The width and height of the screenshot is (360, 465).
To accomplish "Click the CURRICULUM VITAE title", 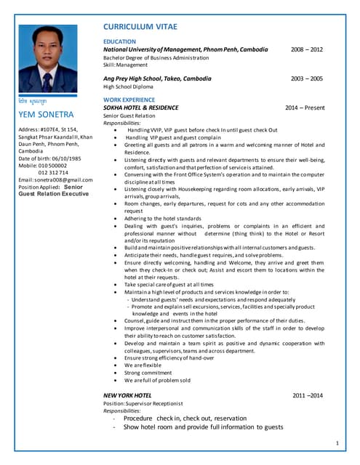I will point(148,27).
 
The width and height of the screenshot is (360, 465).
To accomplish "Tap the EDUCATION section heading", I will point(120,42).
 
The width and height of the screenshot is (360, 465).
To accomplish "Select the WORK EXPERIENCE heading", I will point(129,100).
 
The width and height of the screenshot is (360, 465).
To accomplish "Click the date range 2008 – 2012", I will point(307,49).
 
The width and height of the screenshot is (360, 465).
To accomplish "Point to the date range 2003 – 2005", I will point(307,78).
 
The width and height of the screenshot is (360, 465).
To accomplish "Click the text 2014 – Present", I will point(305,108).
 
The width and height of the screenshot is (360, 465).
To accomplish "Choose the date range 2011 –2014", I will point(308,395).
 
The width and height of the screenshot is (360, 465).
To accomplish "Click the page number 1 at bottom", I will point(337,442).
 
